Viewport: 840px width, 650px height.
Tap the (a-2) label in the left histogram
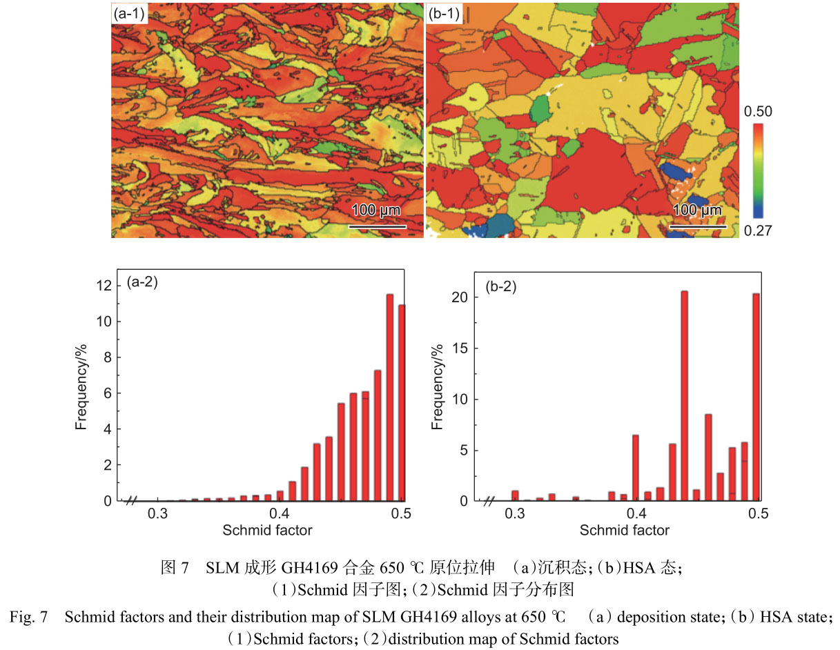click(142, 282)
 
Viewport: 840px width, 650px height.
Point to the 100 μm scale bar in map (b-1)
click(698, 224)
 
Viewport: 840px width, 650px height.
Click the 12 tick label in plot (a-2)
click(104, 286)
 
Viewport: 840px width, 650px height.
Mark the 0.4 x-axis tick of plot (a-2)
click(280, 514)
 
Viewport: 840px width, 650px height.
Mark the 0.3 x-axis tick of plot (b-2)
click(514, 514)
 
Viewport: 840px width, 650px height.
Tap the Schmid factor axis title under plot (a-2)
click(267, 531)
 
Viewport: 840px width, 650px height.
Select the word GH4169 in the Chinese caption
click(289, 569)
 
